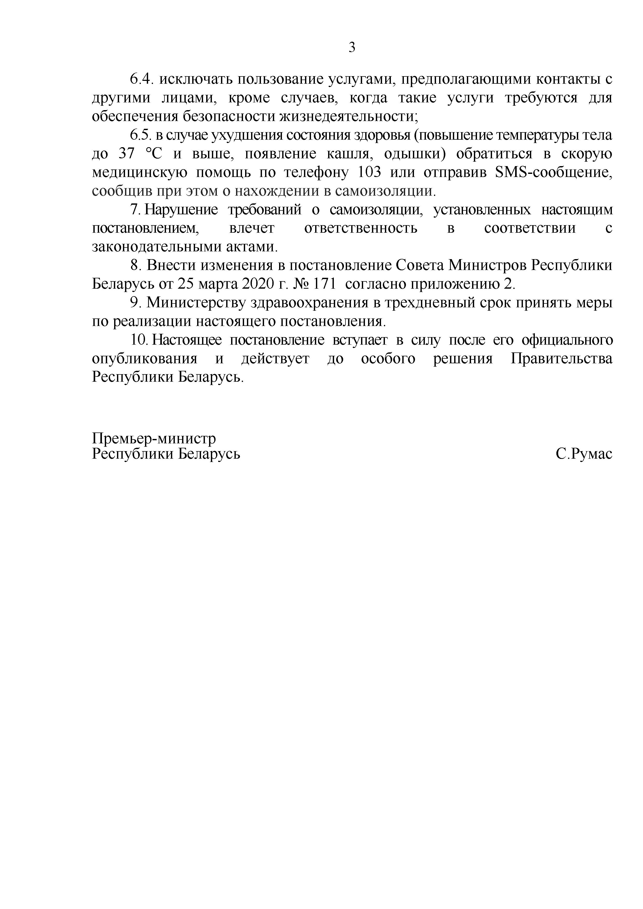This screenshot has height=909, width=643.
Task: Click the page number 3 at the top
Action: [x=352, y=47]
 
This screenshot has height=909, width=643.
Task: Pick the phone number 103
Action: [x=369, y=173]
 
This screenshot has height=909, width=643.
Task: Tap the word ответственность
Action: [x=361, y=229]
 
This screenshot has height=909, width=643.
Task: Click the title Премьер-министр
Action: [x=154, y=438]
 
